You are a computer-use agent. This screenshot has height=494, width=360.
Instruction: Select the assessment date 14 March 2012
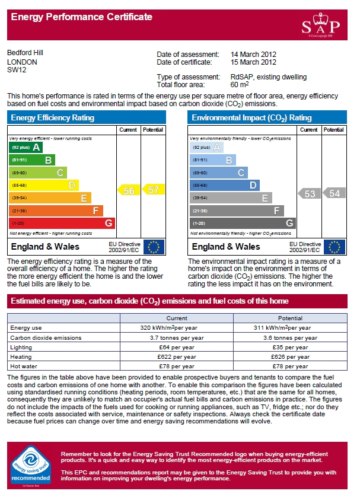[253, 55]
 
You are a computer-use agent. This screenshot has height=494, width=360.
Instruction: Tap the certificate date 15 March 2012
[253, 62]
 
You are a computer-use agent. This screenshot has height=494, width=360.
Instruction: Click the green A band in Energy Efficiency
[26, 147]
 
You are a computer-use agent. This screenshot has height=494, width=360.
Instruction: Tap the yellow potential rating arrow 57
[153, 190]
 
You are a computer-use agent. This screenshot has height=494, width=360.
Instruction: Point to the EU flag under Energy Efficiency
[154, 247]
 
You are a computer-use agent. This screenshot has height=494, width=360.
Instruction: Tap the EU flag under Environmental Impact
[335, 247]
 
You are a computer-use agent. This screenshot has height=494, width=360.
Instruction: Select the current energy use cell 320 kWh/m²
[177, 327]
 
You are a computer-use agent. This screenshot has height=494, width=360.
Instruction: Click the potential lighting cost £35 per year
[290, 347]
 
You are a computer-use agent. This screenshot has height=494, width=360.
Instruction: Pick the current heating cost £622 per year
[177, 357]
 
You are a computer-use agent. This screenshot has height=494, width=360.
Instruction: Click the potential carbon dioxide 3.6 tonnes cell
[290, 337]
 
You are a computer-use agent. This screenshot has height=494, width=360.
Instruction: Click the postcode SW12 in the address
[17, 69]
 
